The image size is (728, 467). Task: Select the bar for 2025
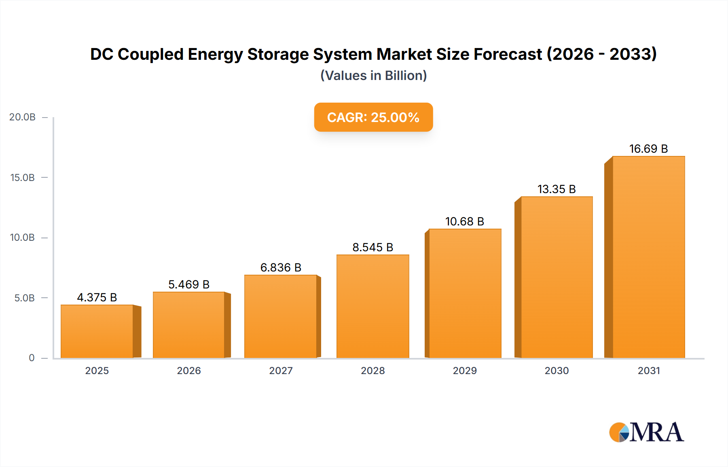click(x=97, y=331)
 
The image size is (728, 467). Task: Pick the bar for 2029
click(x=465, y=293)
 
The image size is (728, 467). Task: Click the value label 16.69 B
click(x=648, y=149)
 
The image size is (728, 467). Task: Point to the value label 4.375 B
click(x=97, y=297)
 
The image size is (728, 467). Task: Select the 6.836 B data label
click(x=281, y=267)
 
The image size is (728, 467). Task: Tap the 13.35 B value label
click(x=557, y=189)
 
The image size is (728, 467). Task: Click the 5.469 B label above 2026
click(x=189, y=284)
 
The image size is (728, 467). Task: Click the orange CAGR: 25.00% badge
click(x=373, y=117)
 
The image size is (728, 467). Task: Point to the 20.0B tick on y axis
click(x=23, y=117)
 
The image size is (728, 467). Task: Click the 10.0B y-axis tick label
click(x=23, y=238)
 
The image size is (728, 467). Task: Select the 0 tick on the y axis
click(x=32, y=358)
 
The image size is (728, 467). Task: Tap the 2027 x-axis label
click(x=281, y=370)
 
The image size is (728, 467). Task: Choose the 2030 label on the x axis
click(x=557, y=370)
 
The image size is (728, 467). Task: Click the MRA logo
click(x=646, y=432)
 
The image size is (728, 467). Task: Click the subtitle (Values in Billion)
click(x=373, y=76)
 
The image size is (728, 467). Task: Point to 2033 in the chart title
click(x=633, y=54)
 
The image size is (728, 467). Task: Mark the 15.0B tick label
click(x=23, y=177)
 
